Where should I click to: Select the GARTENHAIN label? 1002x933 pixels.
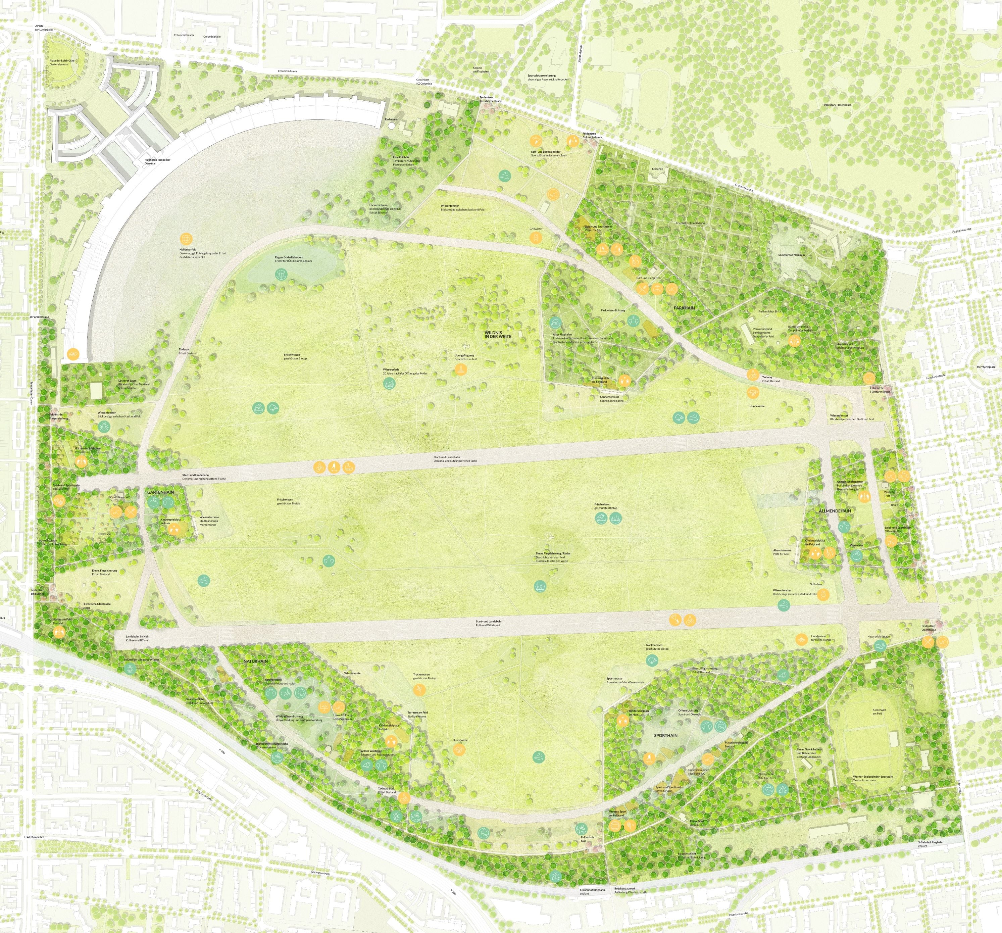coord(160,492)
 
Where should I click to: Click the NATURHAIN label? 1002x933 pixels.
coord(256,661)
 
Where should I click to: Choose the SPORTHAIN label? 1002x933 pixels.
coord(665,735)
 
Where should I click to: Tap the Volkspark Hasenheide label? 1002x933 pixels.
coord(837,105)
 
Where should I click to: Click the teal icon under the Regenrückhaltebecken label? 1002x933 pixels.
coord(281,274)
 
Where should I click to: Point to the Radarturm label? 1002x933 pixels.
coord(391,119)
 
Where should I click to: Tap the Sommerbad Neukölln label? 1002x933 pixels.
coord(791,255)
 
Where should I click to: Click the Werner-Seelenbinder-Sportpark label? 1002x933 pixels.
coord(872,777)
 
